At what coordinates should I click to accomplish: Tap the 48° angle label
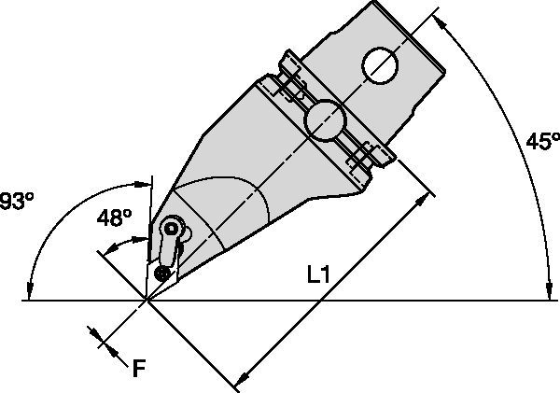115,218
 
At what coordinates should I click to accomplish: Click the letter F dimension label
138,368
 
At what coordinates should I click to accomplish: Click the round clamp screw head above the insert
171,227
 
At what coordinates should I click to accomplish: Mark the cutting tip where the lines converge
147,300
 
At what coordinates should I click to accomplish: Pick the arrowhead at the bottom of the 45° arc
547,292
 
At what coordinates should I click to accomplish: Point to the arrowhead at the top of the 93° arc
145,180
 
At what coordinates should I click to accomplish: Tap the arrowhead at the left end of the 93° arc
31,292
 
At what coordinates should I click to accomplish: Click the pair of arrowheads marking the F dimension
103,339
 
